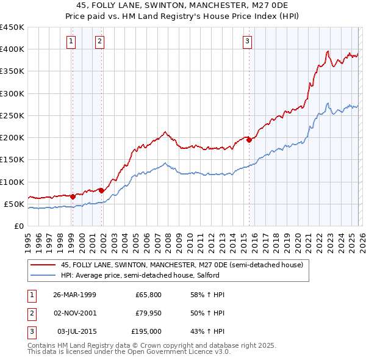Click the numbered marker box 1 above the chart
coord(72,41)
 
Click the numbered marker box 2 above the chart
coord(99,41)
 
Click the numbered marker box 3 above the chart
coord(248,41)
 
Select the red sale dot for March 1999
coord(73,196)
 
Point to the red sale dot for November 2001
coord(101,190)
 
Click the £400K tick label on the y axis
coord(12,49)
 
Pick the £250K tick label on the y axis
coord(12,115)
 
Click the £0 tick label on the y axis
coord(18,226)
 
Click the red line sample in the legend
coord(43,265)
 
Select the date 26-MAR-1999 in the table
coord(74,295)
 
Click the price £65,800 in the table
coord(148,295)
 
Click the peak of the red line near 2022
coord(328,51)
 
